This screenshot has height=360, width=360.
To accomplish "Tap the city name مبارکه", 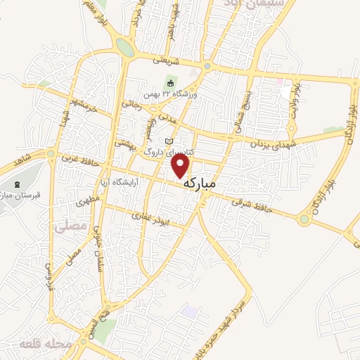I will [210, 183].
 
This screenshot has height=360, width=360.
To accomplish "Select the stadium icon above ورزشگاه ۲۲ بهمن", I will [170, 84].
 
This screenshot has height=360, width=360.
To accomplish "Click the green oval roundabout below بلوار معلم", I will [124, 48].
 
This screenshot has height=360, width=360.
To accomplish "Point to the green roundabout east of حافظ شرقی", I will [304, 220].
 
